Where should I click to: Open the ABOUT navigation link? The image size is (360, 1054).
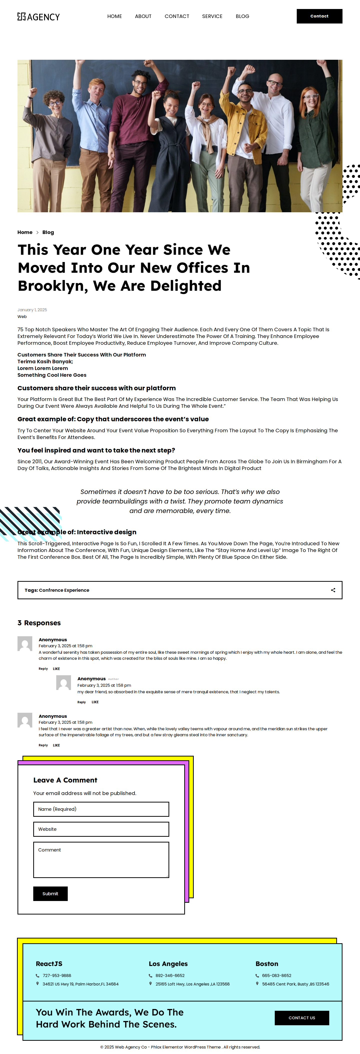tap(143, 16)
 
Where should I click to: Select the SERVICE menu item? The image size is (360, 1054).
tap(212, 16)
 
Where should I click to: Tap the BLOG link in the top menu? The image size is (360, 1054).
tap(242, 16)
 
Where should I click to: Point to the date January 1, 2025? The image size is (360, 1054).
tap(32, 310)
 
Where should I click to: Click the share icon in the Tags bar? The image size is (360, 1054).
tap(333, 590)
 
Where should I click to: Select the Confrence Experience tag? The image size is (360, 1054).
tap(64, 590)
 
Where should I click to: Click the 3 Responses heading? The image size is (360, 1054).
tap(39, 623)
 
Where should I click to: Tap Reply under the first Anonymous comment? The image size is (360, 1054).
tap(43, 668)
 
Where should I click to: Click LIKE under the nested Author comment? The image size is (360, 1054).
tap(95, 702)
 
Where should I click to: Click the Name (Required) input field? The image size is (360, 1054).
tap(101, 809)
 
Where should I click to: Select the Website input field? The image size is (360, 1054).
tap(101, 829)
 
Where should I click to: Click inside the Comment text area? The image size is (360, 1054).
tap(101, 859)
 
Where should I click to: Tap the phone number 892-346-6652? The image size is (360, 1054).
tap(170, 975)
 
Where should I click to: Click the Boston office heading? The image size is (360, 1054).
tap(267, 963)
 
